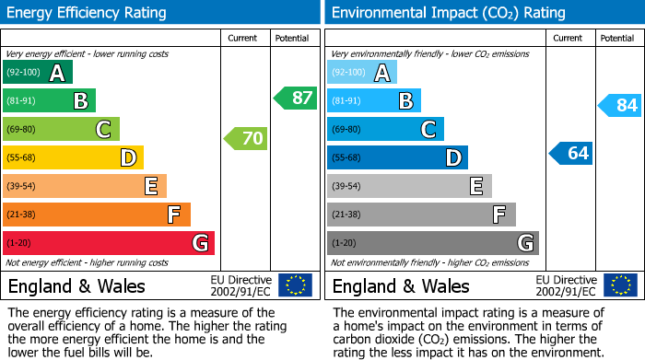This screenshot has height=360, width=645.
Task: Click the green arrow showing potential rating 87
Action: coord(296,98)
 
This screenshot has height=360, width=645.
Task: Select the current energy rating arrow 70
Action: coord(246,139)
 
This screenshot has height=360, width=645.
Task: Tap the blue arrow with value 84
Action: coord(620,105)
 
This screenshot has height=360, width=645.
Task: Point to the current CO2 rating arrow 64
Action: coord(571,153)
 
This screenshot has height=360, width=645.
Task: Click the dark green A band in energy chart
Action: coord(38,73)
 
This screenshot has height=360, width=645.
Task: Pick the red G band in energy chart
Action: coord(109,243)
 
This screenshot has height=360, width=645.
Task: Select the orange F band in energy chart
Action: coord(97,215)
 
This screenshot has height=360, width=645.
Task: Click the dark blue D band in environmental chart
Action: coord(397,157)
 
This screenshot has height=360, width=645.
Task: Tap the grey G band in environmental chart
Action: coord(432,243)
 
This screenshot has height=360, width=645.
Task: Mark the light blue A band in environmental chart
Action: coord(362,73)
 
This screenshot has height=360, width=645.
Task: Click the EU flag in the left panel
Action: coord(295,285)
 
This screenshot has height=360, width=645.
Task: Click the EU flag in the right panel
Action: coord(619,285)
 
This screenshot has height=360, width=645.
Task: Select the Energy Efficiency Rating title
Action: coord(88,13)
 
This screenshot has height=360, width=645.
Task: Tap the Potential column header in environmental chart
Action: coord(617,38)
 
